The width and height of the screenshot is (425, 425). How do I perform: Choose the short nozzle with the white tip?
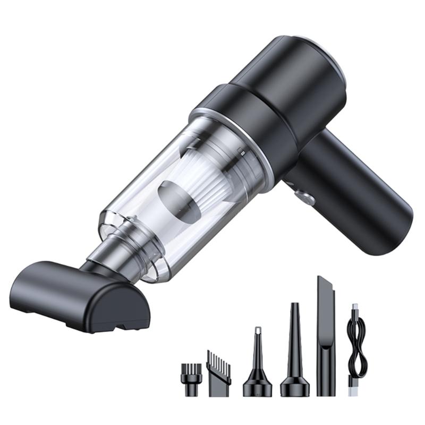[258, 367]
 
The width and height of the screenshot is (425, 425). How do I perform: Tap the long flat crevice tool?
[326, 340]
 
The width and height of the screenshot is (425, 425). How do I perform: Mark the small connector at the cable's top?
[355, 309]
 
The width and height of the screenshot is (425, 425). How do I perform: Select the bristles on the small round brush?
[192, 367]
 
